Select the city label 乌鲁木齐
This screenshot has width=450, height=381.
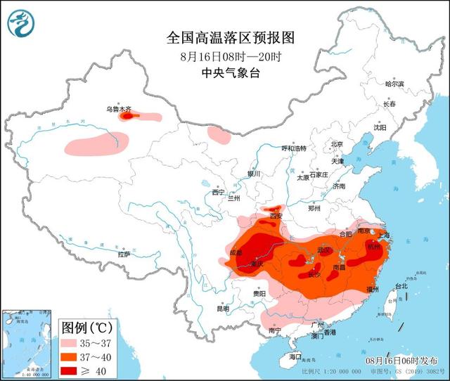(x=117, y=109)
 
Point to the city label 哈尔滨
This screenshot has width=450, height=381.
(x=394, y=84)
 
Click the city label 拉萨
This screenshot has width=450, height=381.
(x=124, y=254)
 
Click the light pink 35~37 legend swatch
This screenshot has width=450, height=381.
(x=72, y=343)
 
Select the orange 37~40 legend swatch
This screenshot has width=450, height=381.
(x=72, y=356)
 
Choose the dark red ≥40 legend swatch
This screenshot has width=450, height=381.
(x=72, y=370)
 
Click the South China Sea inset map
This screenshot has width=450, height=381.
(x=27, y=342)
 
